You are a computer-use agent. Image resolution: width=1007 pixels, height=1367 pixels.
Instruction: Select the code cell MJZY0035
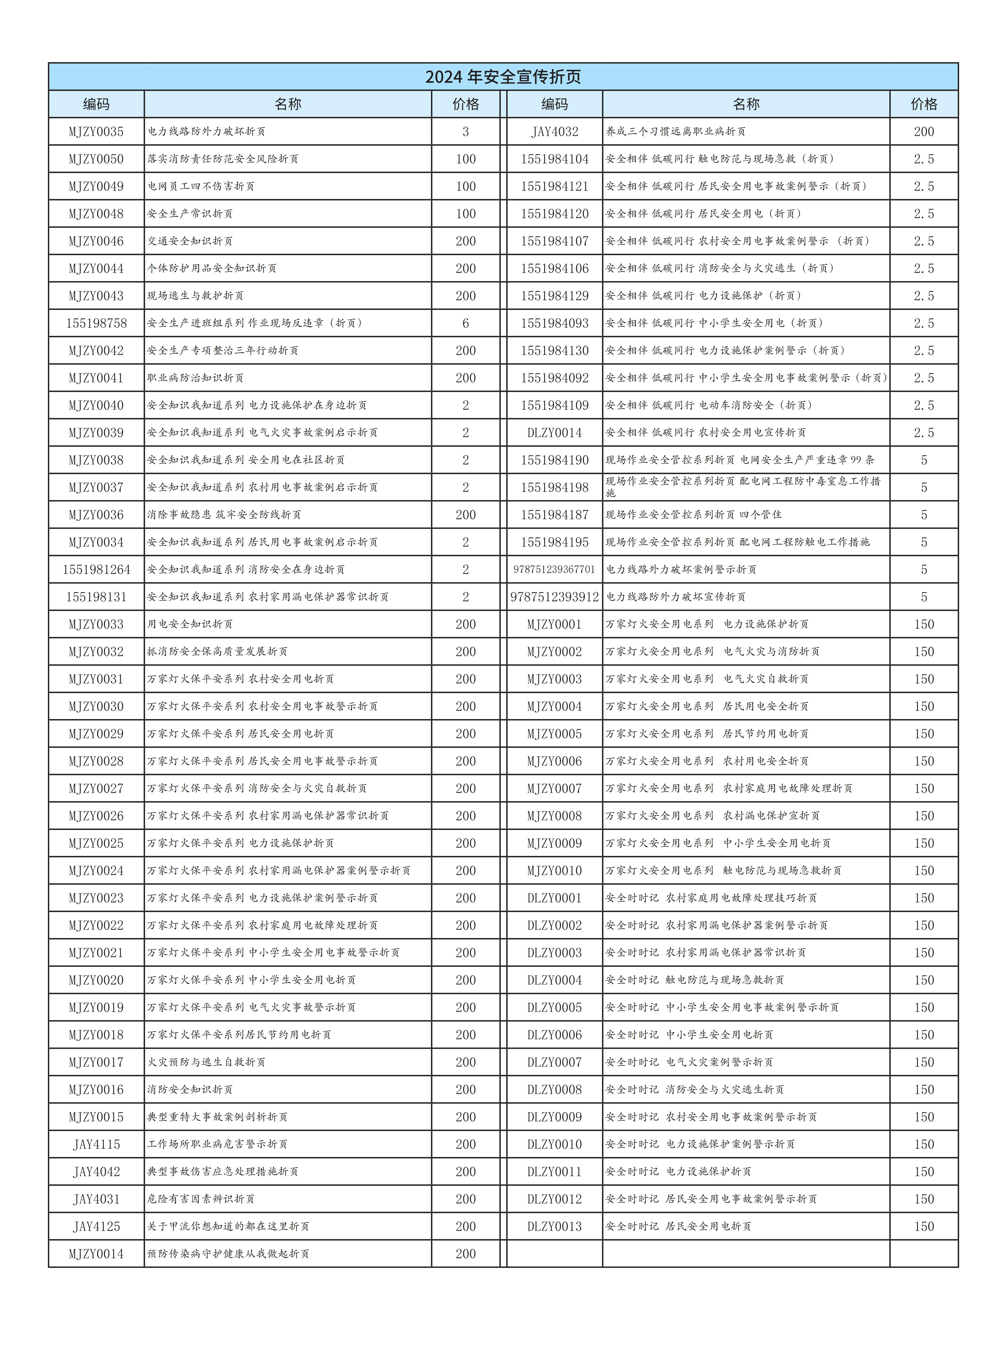(96, 132)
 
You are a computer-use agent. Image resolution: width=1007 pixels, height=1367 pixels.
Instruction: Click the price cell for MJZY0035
(466, 132)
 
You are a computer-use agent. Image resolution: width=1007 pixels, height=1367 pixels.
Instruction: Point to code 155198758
(96, 323)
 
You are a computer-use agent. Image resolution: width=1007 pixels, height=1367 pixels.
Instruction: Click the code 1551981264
(96, 570)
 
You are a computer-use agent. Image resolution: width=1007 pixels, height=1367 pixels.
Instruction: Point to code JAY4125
(96, 1227)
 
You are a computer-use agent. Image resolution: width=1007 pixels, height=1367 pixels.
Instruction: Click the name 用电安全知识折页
(190, 624)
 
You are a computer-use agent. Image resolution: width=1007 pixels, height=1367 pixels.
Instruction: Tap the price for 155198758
(466, 323)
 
